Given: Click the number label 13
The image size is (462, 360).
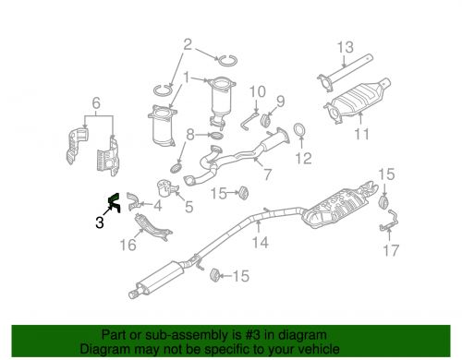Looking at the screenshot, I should (344, 47).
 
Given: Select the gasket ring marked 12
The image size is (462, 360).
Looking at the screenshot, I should (300, 131).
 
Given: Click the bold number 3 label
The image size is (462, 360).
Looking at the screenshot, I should (99, 222).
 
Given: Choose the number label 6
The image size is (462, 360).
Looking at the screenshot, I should (95, 102).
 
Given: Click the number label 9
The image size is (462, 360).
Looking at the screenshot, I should (280, 101).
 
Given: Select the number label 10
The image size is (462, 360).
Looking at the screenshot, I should (257, 91).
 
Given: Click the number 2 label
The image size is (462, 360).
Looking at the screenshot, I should (188, 43).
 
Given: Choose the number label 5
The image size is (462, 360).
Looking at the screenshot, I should (188, 208).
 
